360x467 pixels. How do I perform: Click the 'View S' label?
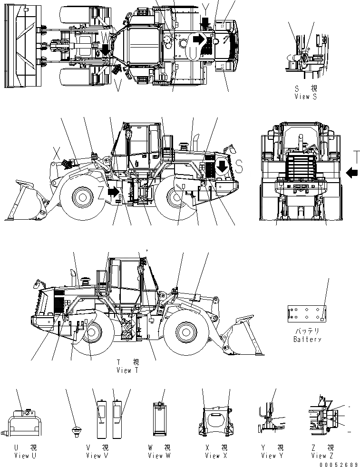click(305, 97)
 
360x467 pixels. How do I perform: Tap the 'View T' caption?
click(126, 370)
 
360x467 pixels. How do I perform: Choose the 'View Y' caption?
click(272, 456)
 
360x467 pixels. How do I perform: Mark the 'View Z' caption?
click(324, 456)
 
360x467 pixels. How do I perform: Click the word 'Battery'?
click(307, 339)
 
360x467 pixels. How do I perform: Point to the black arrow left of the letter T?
click(352, 172)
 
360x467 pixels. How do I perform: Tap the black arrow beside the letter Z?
click(113, 191)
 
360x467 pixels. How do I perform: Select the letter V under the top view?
click(118, 86)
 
